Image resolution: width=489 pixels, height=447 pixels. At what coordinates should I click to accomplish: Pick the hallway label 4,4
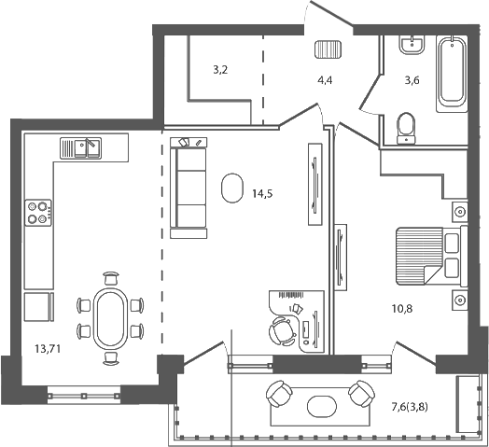pos(326,80)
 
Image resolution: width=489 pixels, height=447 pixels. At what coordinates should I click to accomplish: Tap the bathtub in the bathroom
pos(454,69)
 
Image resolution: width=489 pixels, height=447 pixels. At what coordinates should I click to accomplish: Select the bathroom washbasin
pos(410,46)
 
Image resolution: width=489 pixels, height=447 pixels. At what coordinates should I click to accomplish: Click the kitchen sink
pos(84,147)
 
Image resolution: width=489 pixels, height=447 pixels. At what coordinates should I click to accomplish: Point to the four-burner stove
pos(38,213)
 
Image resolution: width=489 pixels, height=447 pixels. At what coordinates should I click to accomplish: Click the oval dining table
pos(110,317)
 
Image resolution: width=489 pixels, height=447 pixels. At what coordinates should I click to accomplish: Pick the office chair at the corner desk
pos(280,330)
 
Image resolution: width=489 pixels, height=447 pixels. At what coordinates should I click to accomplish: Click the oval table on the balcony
pos(322,406)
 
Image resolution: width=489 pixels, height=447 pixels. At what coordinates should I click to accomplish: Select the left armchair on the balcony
pos(280,395)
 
